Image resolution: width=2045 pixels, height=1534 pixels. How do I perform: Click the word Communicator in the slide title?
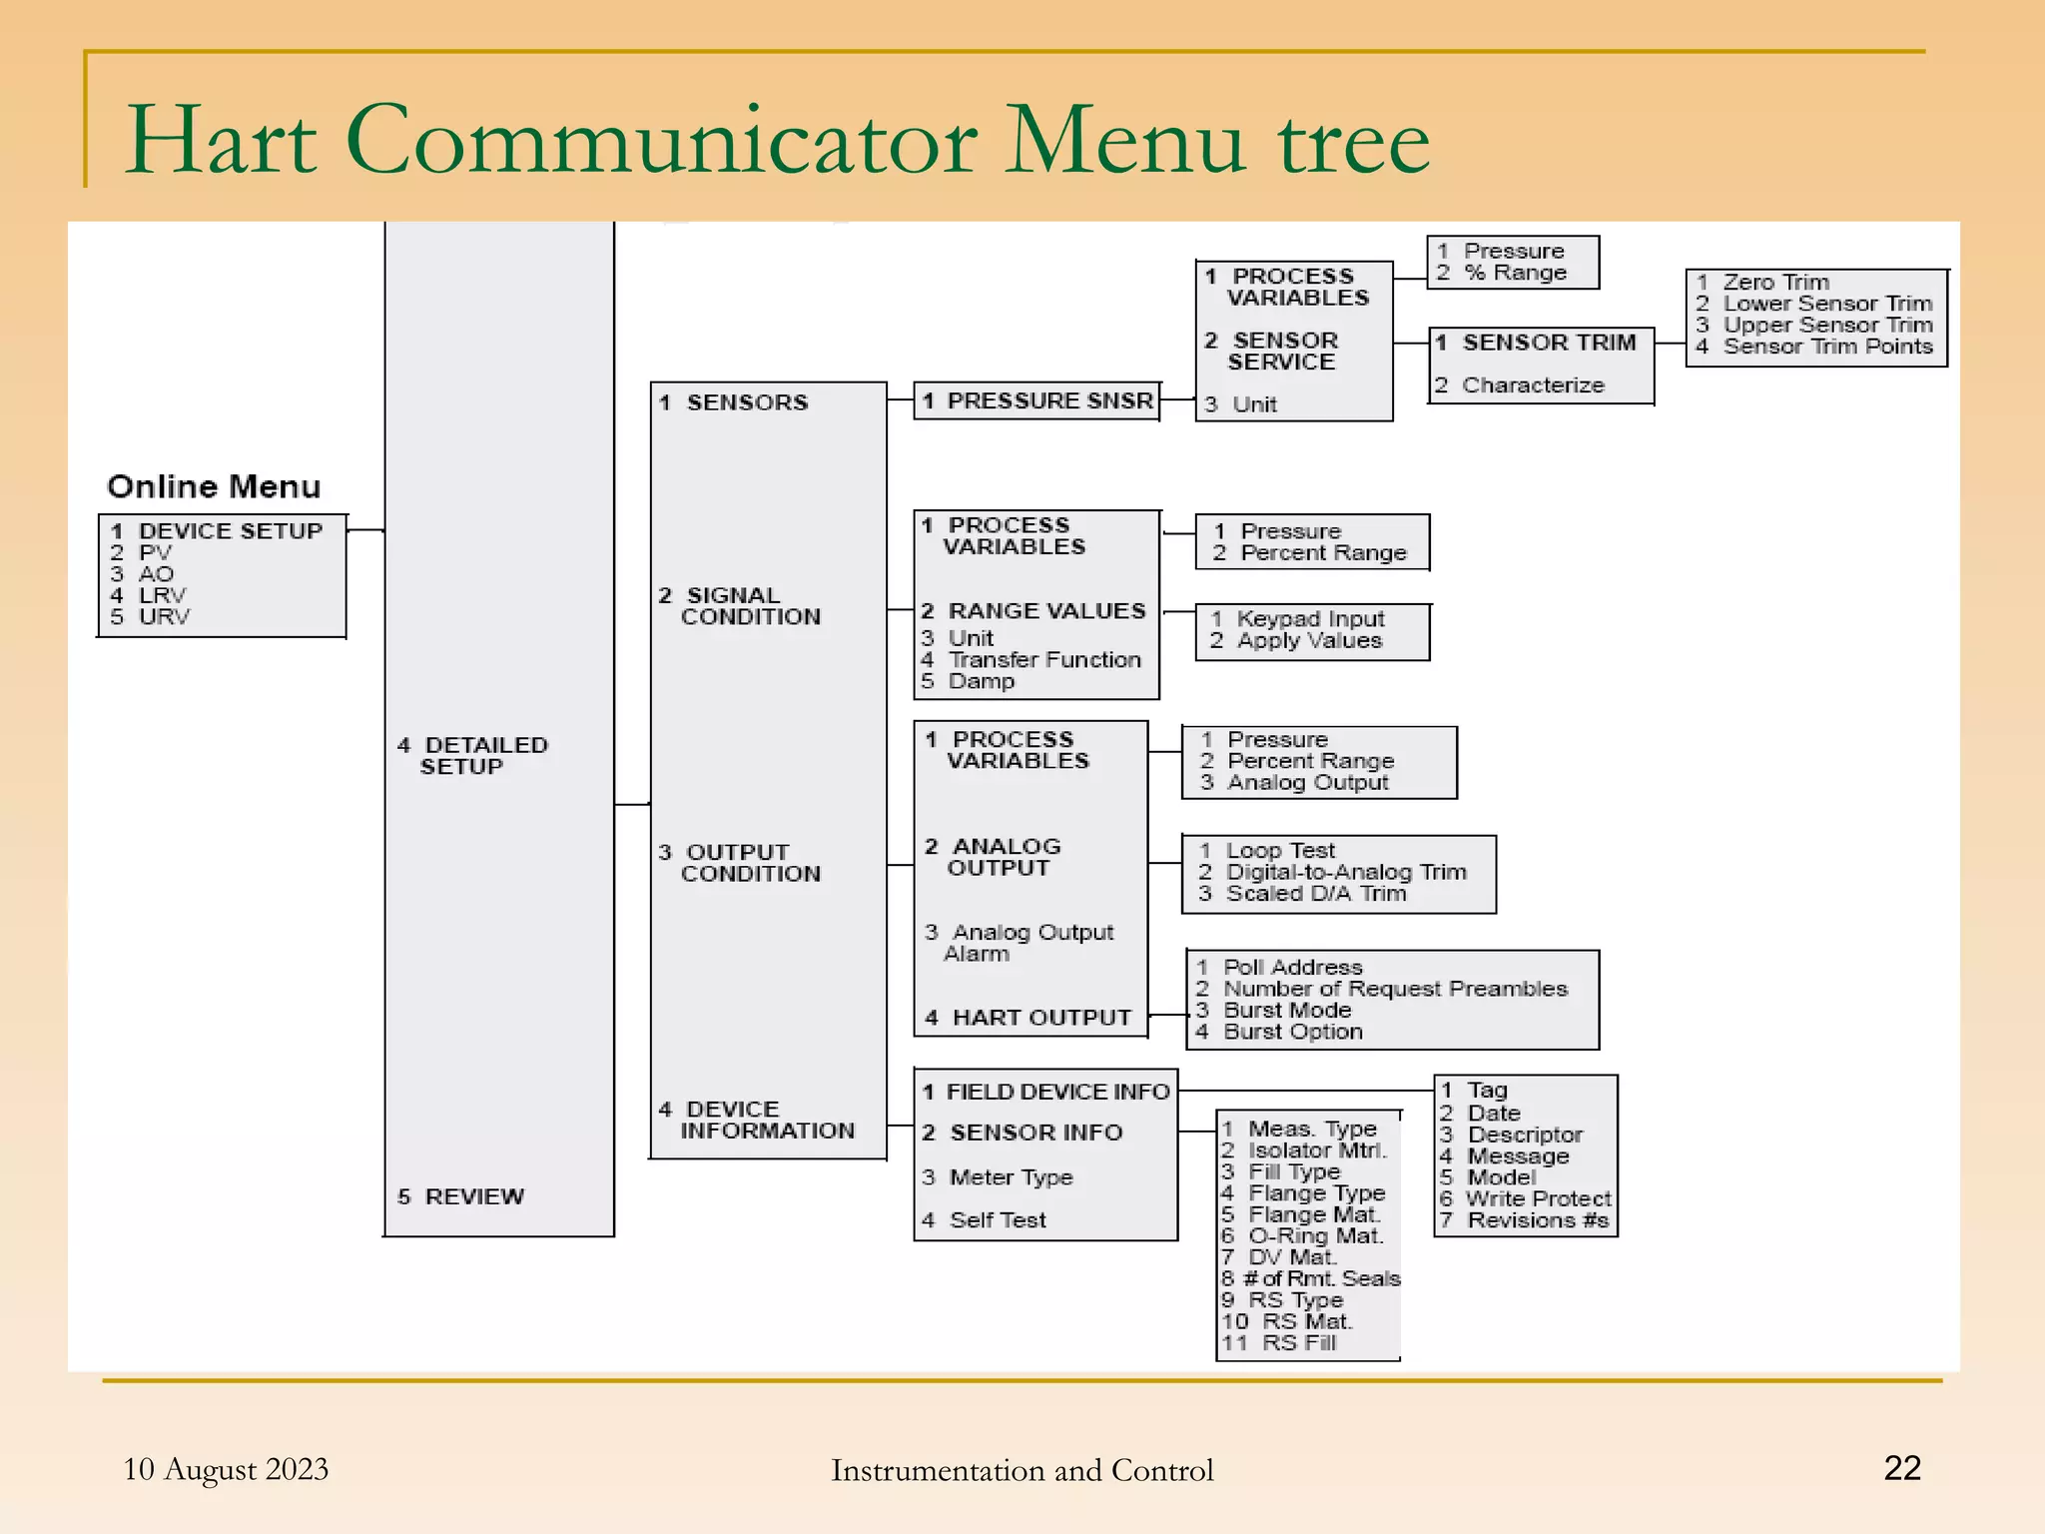(x=661, y=141)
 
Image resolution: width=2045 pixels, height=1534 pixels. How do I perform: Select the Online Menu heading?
(x=214, y=486)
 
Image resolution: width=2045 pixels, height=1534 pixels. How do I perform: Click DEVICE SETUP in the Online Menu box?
(x=230, y=530)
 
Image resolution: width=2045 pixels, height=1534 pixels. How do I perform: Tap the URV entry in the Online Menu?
(x=163, y=616)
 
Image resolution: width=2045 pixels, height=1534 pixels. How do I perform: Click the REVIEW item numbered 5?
(x=473, y=1195)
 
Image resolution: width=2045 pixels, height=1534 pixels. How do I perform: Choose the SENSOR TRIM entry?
(x=1548, y=343)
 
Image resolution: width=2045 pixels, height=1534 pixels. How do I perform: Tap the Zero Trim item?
(x=1775, y=282)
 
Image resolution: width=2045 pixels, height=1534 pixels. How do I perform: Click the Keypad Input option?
(x=1309, y=619)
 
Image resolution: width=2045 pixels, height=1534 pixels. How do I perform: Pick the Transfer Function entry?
(x=1043, y=659)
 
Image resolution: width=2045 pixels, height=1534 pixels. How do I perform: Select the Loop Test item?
(x=1279, y=850)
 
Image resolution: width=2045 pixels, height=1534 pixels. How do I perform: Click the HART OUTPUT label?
(x=1040, y=1017)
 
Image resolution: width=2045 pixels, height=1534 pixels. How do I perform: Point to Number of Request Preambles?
(x=1394, y=988)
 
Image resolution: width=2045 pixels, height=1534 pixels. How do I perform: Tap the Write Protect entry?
(x=1538, y=1198)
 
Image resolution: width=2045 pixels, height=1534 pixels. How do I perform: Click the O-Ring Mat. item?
(x=1315, y=1235)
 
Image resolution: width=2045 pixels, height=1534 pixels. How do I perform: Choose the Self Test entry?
(x=997, y=1219)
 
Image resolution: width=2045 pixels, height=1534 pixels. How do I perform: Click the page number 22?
(x=1901, y=1467)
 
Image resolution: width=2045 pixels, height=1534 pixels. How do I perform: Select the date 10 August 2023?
(x=226, y=1469)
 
